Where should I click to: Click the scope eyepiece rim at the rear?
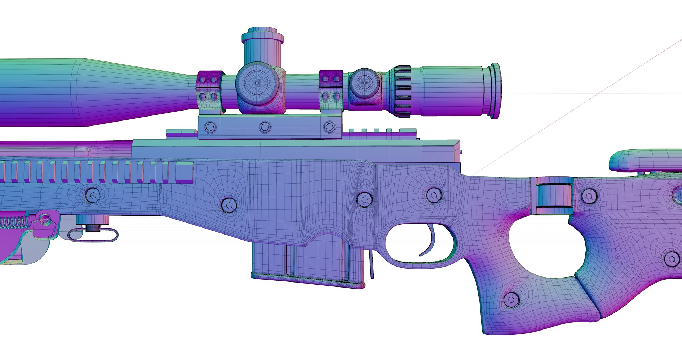click(x=495, y=91)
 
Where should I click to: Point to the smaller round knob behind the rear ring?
click(x=364, y=85)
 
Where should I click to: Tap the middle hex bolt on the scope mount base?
click(x=265, y=127)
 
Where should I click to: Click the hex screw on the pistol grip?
click(x=511, y=300)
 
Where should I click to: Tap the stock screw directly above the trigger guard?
click(x=434, y=195)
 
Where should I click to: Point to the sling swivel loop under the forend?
click(x=93, y=235)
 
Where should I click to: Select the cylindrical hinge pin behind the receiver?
click(x=552, y=196)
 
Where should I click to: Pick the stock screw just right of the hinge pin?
click(x=589, y=196)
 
